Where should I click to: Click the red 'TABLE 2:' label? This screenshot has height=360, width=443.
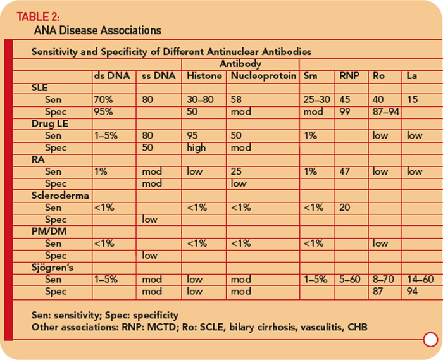(38, 16)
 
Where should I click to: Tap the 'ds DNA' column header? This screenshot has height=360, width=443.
(112, 76)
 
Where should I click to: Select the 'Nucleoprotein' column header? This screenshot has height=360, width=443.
(263, 76)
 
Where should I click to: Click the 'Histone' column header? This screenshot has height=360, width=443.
(204, 76)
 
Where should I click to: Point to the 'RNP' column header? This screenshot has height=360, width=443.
(349, 76)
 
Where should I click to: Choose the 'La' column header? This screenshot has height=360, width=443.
(411, 76)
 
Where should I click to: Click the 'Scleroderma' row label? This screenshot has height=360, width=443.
(60, 196)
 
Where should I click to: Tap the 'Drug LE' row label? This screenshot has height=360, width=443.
(50, 123)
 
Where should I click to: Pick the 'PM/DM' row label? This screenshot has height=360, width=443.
(49, 232)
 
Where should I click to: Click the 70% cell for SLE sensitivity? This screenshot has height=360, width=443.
(103, 100)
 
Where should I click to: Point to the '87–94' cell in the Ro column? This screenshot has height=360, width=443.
(386, 112)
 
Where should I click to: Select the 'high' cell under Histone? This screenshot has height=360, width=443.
(196, 147)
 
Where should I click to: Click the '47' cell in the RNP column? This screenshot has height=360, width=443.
(345, 171)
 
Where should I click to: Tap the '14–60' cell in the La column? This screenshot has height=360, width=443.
(420, 279)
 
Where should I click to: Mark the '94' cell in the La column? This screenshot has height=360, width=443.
(412, 291)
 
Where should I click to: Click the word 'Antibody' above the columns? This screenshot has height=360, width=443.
(240, 64)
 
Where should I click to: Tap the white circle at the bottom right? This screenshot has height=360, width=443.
(430, 339)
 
